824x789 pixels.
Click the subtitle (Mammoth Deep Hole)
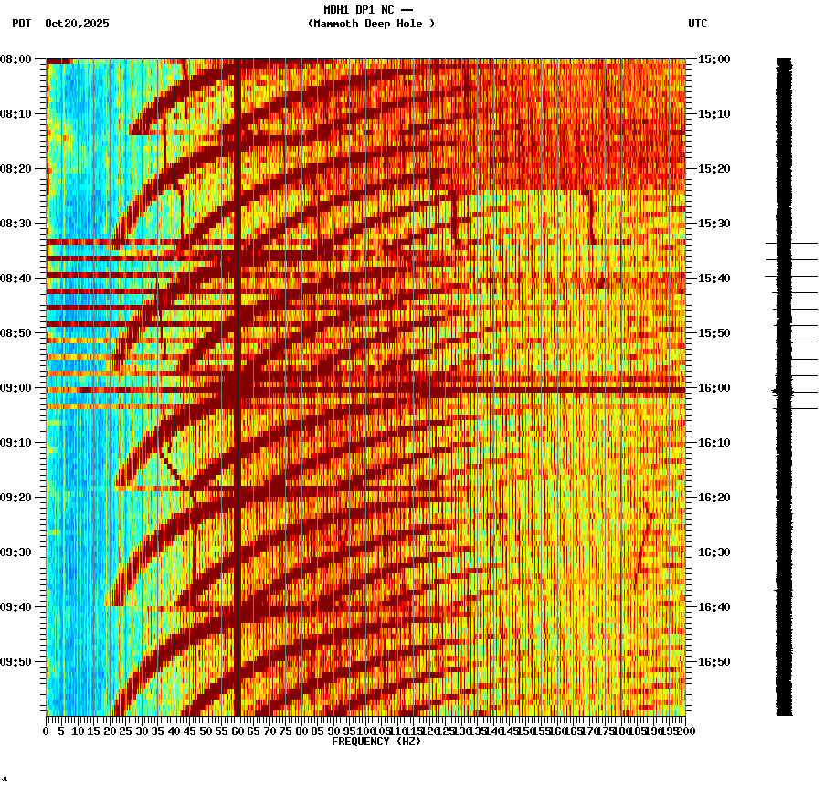click(x=371, y=24)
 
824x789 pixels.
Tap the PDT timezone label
click(x=21, y=24)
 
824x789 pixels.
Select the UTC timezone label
click(x=697, y=24)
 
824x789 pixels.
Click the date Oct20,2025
click(x=77, y=24)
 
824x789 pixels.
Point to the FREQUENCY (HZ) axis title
click(x=375, y=742)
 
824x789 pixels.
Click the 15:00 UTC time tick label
click(x=713, y=59)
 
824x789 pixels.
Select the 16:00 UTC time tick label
click(x=713, y=388)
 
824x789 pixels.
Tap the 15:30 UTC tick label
click(x=713, y=224)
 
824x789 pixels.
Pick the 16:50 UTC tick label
click(x=713, y=662)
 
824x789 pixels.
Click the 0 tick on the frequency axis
click(x=47, y=731)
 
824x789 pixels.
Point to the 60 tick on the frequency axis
click(x=238, y=731)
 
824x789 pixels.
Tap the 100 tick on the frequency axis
click(x=364, y=731)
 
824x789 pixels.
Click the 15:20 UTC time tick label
click(x=713, y=169)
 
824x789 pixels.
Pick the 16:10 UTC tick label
click(x=713, y=443)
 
